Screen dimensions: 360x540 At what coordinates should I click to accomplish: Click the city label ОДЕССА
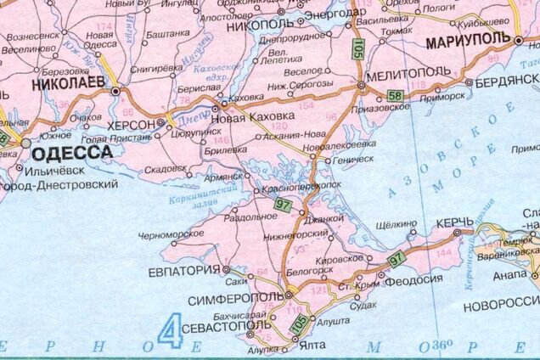(72, 153)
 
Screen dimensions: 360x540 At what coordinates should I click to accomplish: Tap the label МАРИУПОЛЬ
(469, 40)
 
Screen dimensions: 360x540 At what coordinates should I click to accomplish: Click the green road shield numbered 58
(394, 94)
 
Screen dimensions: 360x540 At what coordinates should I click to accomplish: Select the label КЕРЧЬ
(450, 222)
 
